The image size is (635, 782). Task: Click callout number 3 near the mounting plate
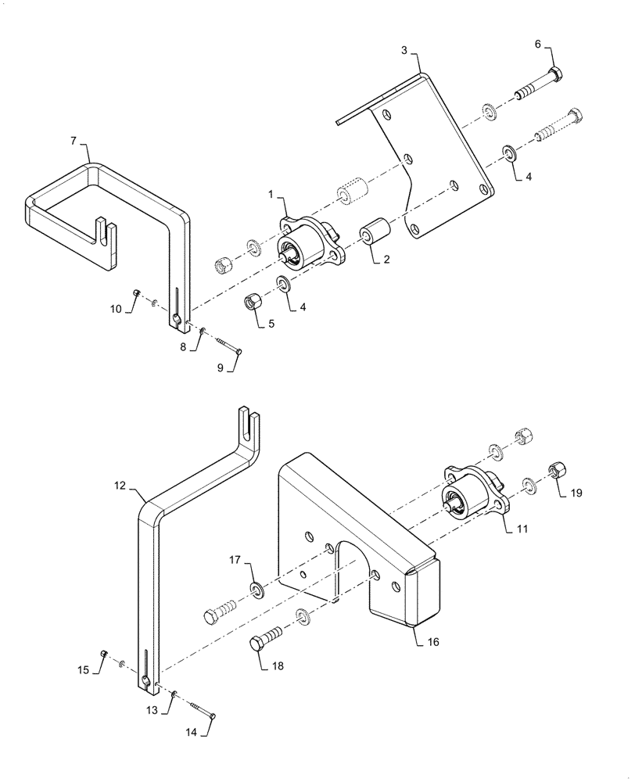coord(404,50)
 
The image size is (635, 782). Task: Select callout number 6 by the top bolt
coord(538,45)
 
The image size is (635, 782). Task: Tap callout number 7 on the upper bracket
coord(74,141)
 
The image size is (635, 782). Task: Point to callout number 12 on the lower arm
coord(120,486)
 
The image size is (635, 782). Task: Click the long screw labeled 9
coord(228,346)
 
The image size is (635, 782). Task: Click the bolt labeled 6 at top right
coord(540,85)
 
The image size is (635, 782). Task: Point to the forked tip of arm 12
coord(249,419)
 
